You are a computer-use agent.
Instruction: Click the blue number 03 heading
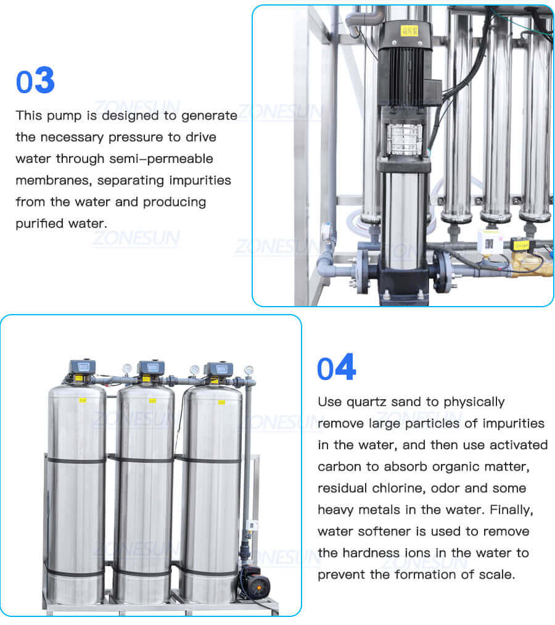pos(35,81)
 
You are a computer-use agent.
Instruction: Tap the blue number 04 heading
pos(336,368)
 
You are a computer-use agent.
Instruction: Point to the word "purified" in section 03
pos(36,223)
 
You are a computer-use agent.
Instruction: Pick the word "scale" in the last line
pos(496,574)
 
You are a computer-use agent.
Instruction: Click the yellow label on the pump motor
pos(409,29)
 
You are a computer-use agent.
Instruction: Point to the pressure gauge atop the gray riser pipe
pos(249,371)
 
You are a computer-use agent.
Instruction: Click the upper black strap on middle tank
pos(144,458)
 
